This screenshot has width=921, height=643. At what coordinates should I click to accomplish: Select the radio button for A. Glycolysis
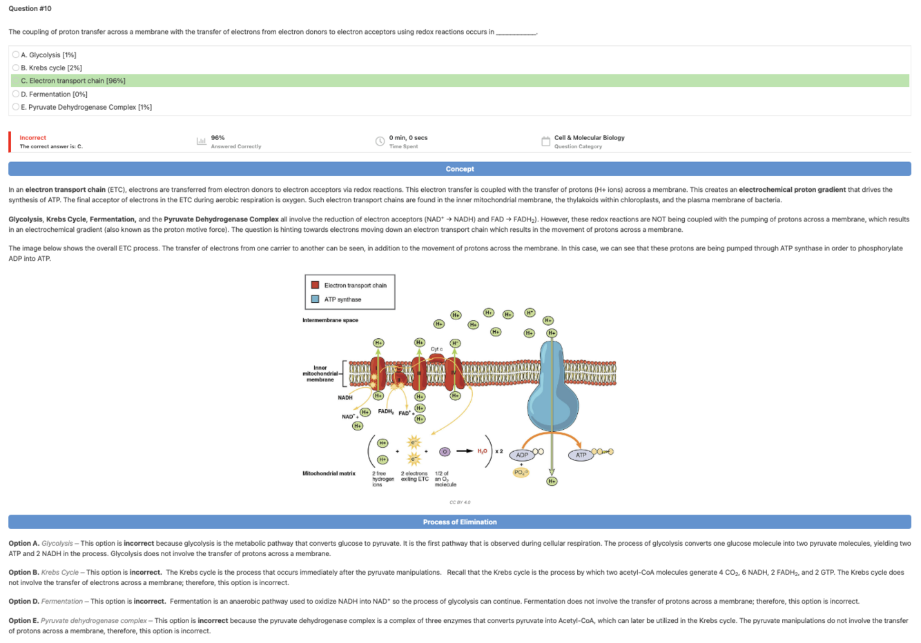point(16,55)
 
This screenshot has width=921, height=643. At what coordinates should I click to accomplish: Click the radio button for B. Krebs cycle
point(16,68)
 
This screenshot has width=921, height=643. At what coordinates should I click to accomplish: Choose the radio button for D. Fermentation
point(16,94)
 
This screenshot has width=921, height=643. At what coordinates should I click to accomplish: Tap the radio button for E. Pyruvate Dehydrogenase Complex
point(16,107)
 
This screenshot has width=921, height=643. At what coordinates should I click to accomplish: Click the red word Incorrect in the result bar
point(33,138)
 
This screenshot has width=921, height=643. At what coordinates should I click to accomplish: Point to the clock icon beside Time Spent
point(380,141)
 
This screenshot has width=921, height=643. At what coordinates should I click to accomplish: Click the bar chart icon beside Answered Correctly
point(202,141)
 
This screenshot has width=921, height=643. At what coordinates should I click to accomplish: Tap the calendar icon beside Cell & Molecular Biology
point(545,141)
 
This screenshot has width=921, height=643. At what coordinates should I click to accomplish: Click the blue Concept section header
point(460,169)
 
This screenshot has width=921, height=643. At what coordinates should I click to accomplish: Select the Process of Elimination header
point(460,522)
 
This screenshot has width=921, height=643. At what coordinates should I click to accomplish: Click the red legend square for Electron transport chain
point(315,285)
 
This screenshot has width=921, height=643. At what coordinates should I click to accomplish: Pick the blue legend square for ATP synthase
point(315,299)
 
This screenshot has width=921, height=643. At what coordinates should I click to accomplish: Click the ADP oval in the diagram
point(522,455)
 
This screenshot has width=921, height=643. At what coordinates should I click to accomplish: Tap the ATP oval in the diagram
point(581,455)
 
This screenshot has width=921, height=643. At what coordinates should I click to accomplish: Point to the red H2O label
point(482,451)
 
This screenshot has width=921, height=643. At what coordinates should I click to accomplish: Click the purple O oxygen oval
point(445,452)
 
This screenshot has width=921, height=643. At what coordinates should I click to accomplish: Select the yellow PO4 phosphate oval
point(521,473)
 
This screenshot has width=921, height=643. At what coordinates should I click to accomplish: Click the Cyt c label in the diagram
point(436,349)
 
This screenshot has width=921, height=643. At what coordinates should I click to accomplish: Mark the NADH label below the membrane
point(345,397)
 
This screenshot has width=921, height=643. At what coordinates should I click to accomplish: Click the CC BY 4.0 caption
point(460,502)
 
